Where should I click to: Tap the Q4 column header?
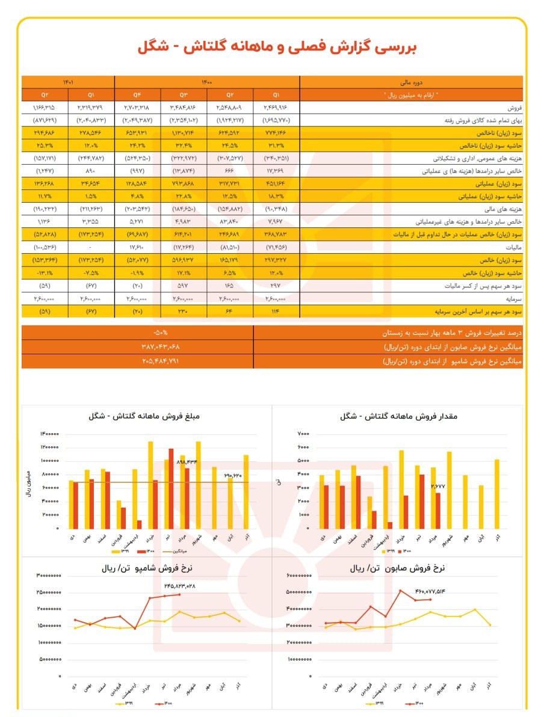coord(138,94)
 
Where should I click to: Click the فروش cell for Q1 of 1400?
coord(276,107)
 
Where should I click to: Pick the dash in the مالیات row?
coord(91,247)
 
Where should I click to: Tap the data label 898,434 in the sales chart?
coord(187,462)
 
